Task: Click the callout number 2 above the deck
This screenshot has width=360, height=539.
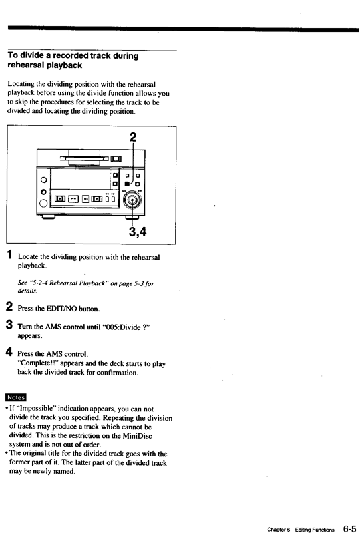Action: (133, 138)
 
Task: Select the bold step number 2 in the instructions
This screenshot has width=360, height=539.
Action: (10, 307)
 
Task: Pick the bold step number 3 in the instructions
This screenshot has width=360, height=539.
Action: (10, 325)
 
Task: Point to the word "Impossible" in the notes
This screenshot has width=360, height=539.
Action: (33, 409)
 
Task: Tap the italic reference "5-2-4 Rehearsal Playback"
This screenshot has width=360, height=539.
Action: (65, 283)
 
